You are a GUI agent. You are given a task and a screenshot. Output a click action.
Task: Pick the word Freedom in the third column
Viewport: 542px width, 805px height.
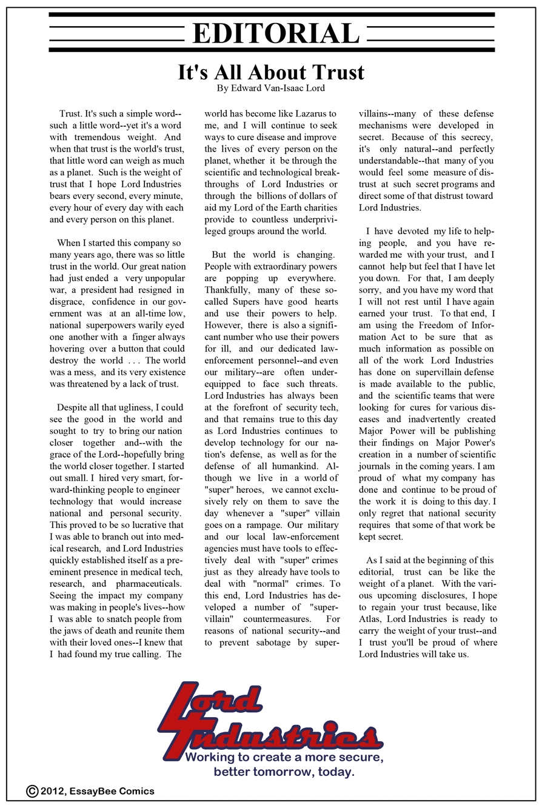(416, 324)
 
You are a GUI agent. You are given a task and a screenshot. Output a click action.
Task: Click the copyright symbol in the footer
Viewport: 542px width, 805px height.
(33, 790)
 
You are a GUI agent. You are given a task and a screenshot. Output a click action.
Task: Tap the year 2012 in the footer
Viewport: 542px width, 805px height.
(54, 790)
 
